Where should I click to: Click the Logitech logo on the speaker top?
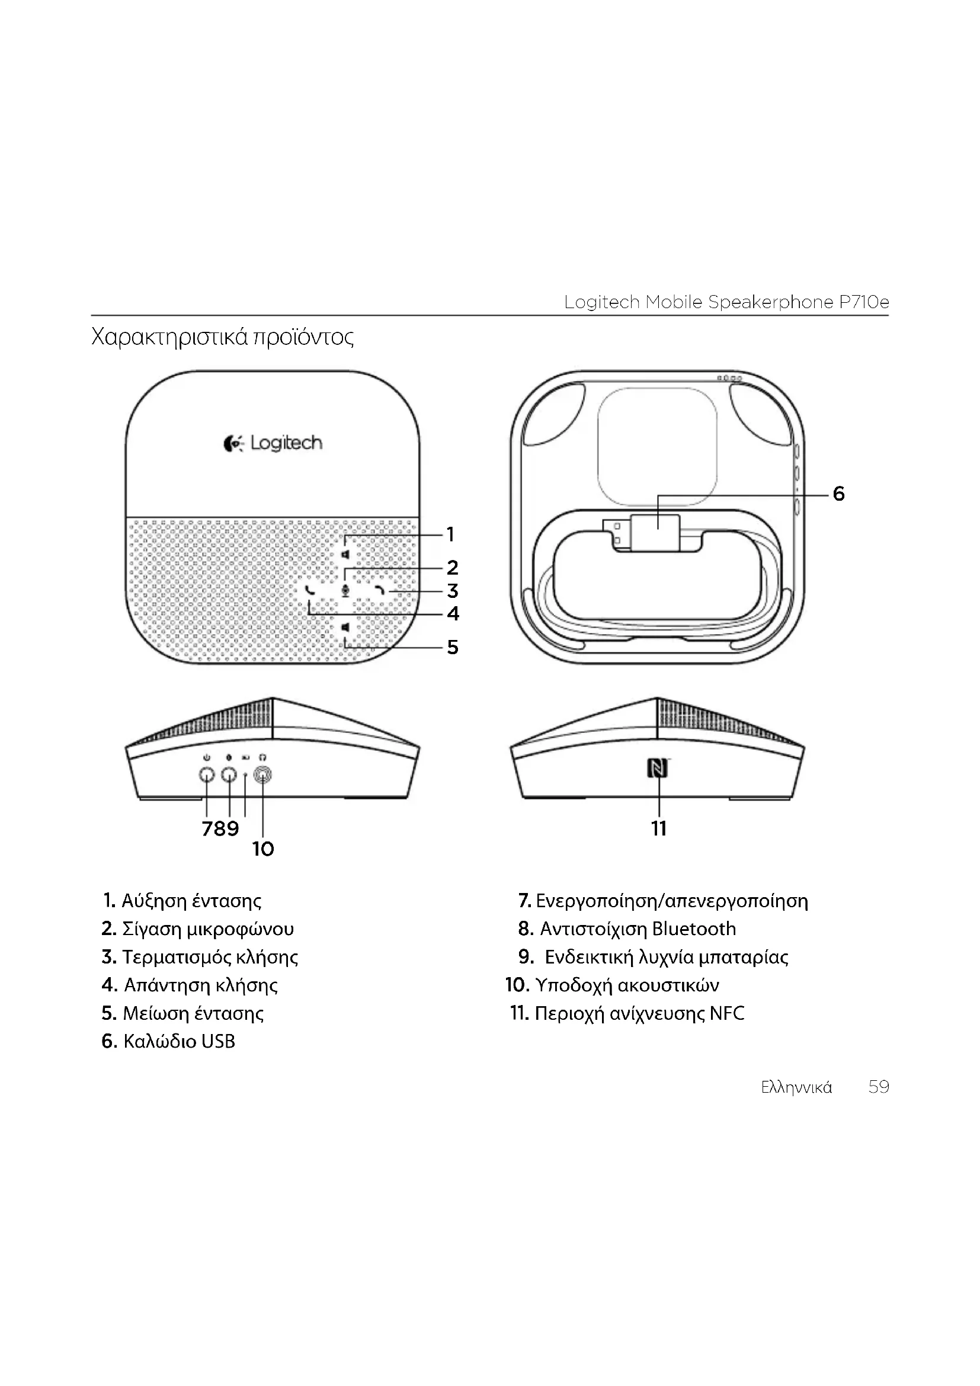273,443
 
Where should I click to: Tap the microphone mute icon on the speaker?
345,590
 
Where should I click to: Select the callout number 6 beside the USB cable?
838,494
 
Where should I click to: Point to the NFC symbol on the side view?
658,769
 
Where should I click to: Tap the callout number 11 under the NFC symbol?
659,828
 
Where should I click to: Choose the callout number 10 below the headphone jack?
263,849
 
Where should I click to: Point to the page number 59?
879,1087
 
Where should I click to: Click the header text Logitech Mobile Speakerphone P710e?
726,302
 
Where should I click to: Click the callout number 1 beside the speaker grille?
450,534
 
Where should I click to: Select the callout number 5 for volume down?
453,647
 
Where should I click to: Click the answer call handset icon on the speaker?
309,590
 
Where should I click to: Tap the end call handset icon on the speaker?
380,590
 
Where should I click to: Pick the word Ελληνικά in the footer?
796,1088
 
